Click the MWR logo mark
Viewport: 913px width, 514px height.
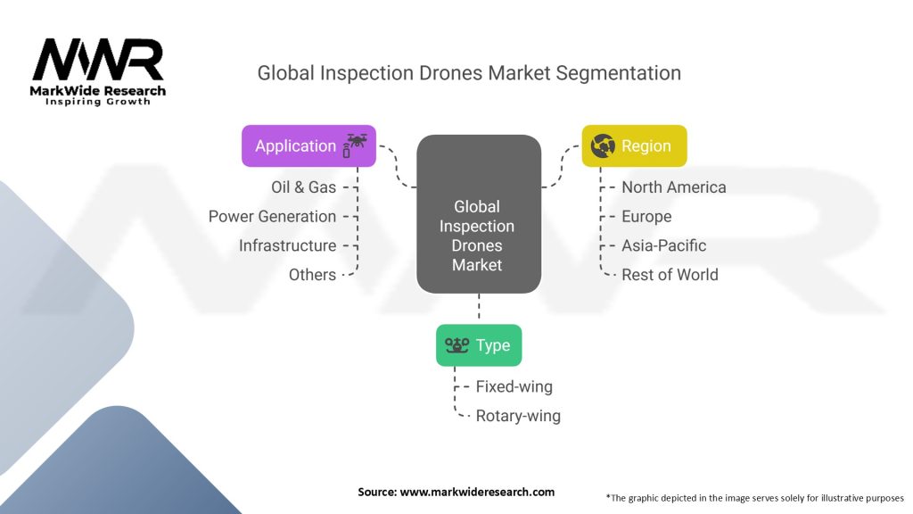[98, 60]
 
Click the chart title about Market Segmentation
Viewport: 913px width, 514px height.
[469, 73]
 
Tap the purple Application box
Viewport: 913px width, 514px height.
[308, 145]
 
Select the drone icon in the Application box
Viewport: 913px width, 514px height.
[355, 145]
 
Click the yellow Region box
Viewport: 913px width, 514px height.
[634, 145]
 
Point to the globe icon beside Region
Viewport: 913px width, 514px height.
[603, 145]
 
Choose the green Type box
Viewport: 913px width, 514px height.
[479, 345]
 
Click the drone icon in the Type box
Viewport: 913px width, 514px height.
[457, 345]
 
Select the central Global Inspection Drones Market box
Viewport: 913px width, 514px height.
[479, 214]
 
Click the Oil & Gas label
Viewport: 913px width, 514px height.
[303, 187]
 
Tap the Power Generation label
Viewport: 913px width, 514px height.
[272, 216]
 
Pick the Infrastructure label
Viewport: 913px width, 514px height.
[287, 245]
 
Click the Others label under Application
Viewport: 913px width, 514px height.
[312, 275]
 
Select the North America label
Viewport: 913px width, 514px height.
[674, 187]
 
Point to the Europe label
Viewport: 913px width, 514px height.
[646, 217]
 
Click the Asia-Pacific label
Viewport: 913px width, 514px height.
[663, 245]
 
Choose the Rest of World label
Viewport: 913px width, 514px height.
[670, 275]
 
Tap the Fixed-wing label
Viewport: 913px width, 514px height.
[514, 386]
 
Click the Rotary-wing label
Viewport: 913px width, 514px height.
[518, 416]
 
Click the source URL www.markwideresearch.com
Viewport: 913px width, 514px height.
[477, 492]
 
